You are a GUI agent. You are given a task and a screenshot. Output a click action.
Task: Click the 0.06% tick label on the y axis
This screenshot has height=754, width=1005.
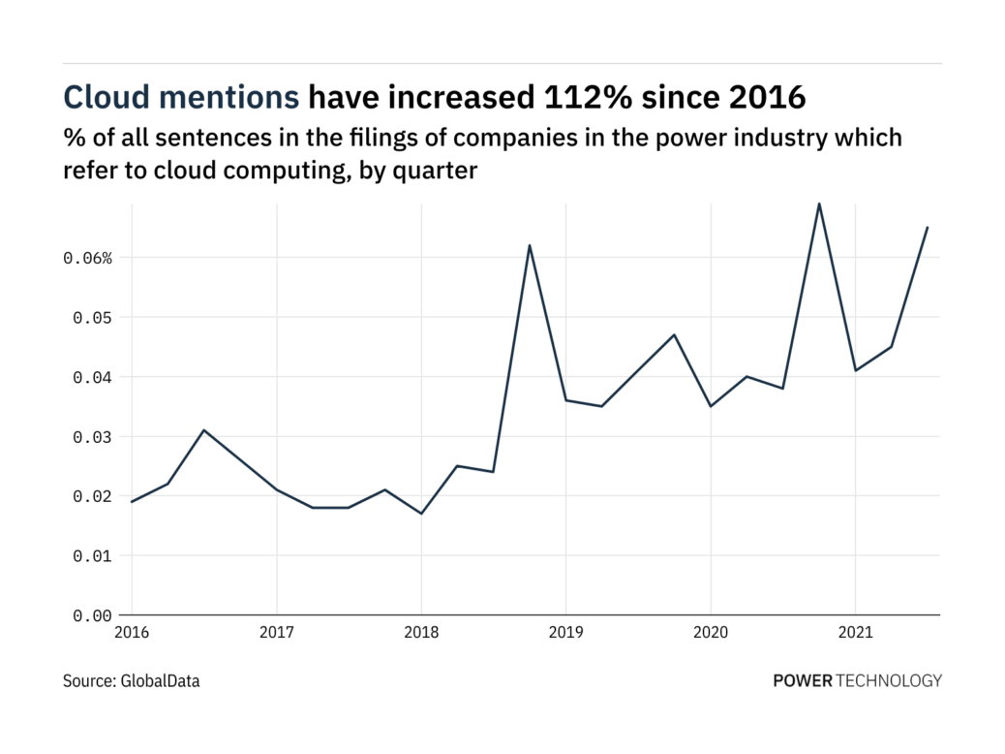tap(89, 258)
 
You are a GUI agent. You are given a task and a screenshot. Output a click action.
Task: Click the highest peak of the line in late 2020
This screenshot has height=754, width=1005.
tap(819, 204)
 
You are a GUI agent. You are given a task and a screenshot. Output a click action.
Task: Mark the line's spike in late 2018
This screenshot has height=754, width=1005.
tap(530, 245)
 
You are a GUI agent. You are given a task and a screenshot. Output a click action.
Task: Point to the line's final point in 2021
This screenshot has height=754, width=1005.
tap(928, 228)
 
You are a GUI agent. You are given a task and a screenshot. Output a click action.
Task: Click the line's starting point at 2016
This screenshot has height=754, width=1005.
tap(132, 502)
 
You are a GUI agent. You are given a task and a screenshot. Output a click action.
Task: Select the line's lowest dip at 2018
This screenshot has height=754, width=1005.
tap(421, 514)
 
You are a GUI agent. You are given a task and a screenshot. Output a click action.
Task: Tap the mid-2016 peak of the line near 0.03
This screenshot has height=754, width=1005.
tap(203, 430)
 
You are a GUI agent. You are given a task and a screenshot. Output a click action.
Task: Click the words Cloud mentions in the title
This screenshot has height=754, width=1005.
tap(181, 97)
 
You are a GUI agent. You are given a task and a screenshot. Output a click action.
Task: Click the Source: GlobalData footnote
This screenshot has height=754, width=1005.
tap(132, 681)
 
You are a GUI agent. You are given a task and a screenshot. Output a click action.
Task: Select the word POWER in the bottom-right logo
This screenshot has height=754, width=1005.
tap(803, 681)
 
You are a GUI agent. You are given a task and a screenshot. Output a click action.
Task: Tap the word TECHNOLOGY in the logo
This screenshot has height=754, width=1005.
tap(889, 681)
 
